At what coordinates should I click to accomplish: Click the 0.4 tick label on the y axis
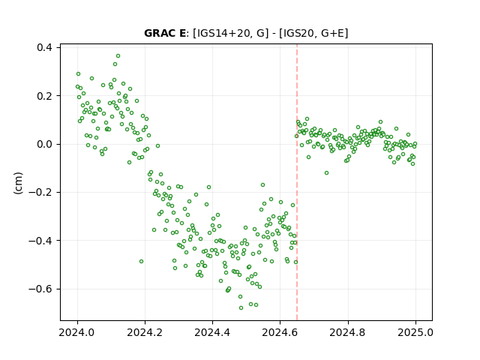coord(45,47)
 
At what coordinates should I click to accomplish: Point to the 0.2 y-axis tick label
coord(45,96)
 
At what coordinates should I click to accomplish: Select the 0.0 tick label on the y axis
coord(45,144)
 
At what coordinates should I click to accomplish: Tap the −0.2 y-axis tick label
coord(40,193)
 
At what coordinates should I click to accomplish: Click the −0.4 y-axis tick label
coord(40,241)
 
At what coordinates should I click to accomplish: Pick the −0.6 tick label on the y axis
coord(40,289)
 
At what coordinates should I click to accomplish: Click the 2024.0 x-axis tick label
coord(77,332)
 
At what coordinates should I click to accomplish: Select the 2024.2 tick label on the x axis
coord(145,332)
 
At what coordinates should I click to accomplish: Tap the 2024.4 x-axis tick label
coord(212,332)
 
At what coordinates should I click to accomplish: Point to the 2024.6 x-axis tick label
coord(280,332)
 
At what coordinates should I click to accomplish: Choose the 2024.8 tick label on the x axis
coord(348,332)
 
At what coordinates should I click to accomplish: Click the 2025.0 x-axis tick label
coord(415,332)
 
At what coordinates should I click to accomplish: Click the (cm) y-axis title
coord(18,183)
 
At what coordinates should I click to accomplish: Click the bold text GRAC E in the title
coord(165,33)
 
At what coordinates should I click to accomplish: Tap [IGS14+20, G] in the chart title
coord(230,33)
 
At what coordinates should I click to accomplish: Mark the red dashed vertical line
coord(297,182)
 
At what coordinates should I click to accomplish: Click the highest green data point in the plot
coord(118,56)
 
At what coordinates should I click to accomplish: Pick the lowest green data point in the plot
coord(241,307)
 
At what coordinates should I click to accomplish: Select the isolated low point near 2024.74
coord(327,173)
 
